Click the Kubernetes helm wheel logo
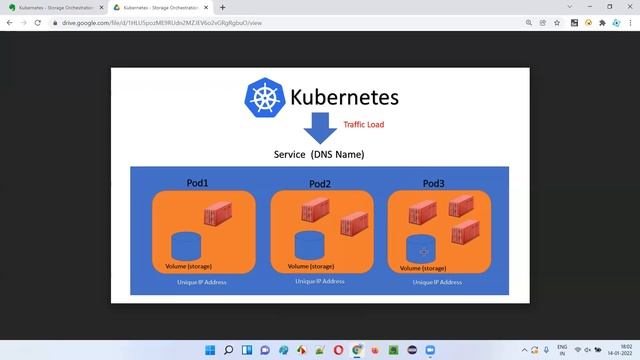point(265,97)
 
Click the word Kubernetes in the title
point(344,97)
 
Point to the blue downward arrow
point(321,128)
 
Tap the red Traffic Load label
point(363,125)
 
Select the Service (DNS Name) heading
point(319,155)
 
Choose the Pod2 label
point(320,184)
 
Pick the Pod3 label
point(434,183)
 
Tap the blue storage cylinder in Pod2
point(309,245)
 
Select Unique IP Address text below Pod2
point(320,282)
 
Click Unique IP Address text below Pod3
point(437,283)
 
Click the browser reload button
point(37,22)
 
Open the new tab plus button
point(222,7)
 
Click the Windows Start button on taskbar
point(210,350)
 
